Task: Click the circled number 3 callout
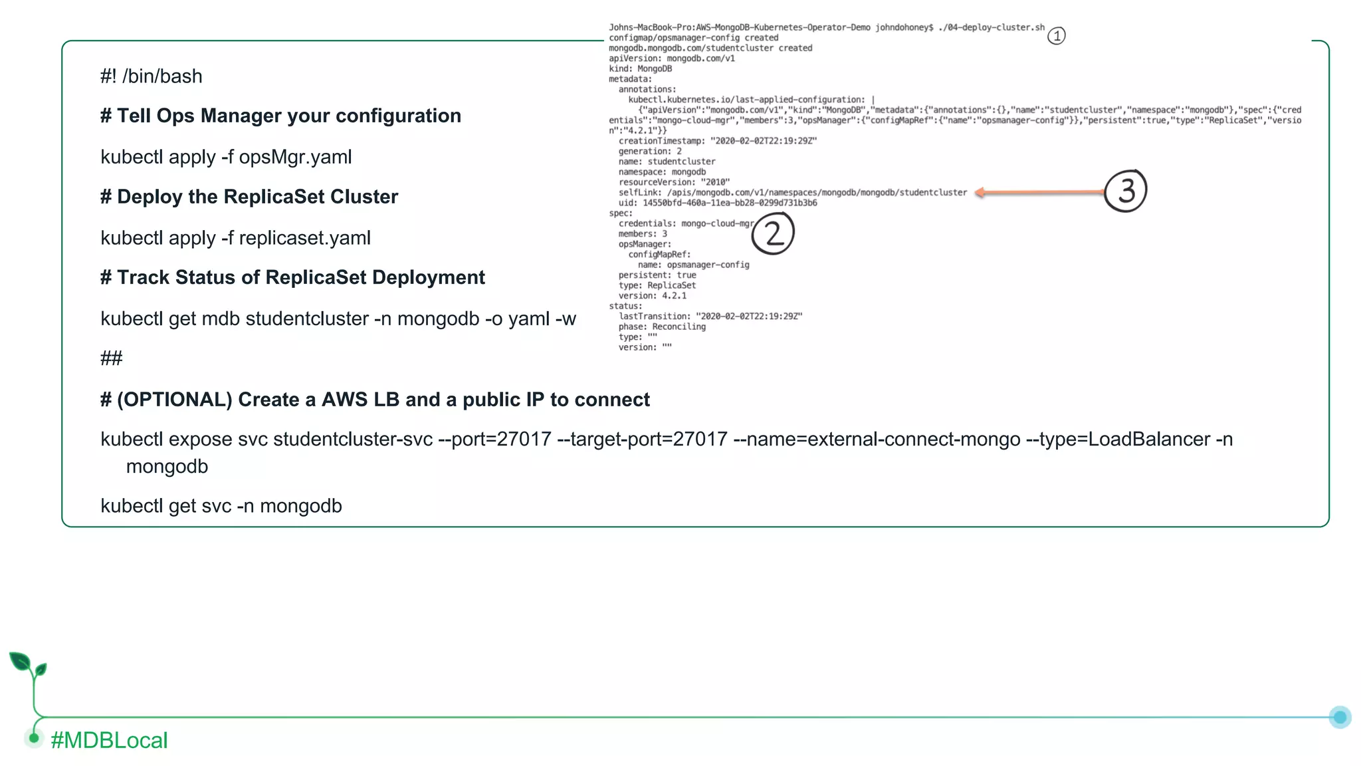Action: [1126, 191]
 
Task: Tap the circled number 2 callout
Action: [773, 233]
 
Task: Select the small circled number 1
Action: [1056, 36]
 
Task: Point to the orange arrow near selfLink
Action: [1040, 193]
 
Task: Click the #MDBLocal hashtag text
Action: [109, 740]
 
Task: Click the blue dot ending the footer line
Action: [1340, 717]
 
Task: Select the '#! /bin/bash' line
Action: [152, 76]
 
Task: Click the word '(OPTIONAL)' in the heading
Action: [175, 400]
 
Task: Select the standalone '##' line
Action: [111, 358]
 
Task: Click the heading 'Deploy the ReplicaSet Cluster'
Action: [257, 197]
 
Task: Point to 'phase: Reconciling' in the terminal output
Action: [662, 327]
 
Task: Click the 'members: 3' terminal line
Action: [643, 234]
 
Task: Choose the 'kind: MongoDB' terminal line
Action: [640, 68]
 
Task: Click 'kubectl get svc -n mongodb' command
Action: [221, 506]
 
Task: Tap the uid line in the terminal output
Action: [718, 203]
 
